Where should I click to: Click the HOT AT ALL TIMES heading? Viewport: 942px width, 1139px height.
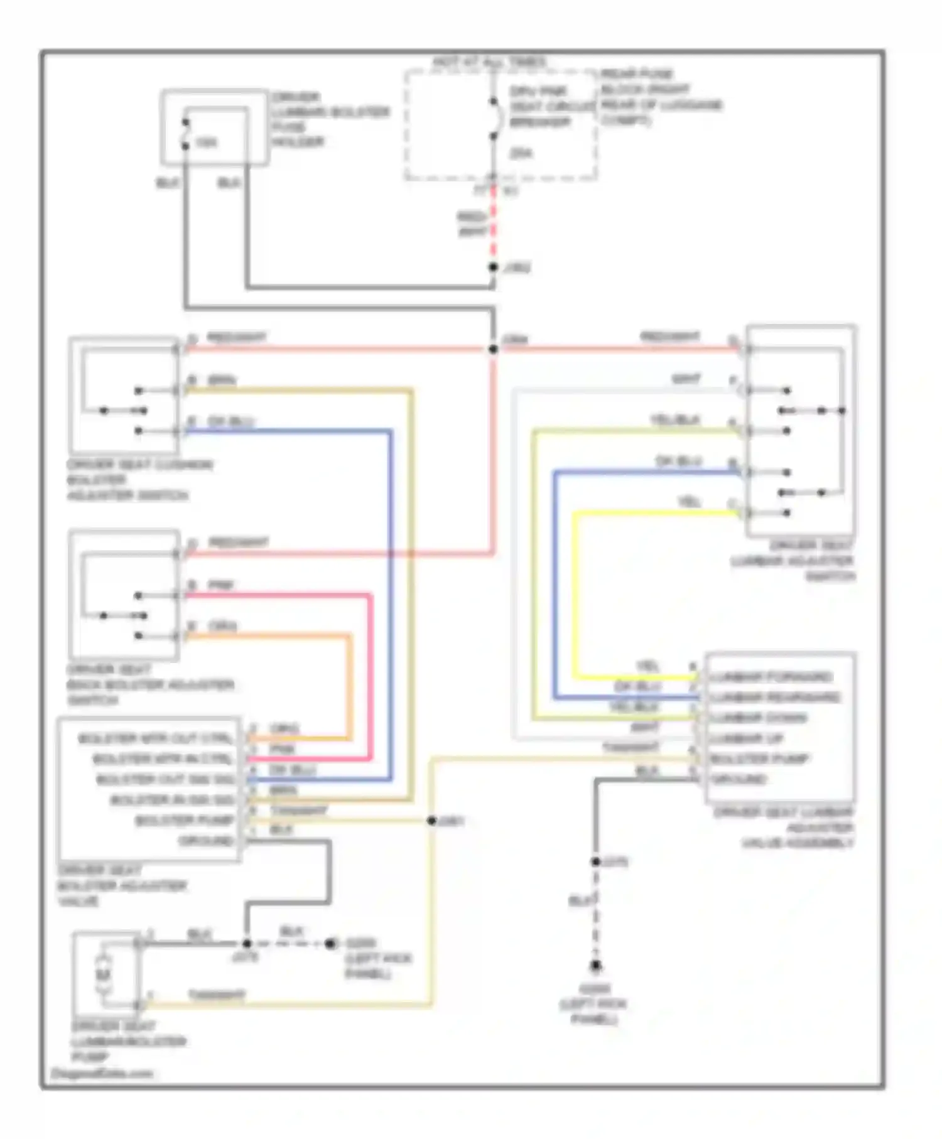click(489, 62)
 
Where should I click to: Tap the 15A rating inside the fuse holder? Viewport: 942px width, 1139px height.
click(207, 143)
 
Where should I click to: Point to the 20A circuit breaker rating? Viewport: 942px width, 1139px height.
click(521, 153)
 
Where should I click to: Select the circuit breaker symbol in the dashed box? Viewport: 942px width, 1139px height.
click(495, 119)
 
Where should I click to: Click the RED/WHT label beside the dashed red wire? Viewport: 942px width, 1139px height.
click(472, 224)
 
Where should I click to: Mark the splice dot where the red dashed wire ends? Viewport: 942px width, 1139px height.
click(494, 267)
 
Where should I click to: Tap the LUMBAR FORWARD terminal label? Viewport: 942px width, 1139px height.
click(771, 677)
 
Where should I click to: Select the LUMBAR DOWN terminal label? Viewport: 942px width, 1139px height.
click(759, 718)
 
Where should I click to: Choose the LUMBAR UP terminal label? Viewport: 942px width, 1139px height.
click(747, 738)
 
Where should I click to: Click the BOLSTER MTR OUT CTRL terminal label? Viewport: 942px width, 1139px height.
click(155, 738)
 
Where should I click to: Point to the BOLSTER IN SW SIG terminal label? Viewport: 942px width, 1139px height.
click(172, 800)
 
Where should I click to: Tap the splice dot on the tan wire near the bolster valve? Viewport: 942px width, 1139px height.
click(431, 821)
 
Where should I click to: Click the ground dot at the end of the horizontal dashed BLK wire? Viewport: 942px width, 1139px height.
click(330, 944)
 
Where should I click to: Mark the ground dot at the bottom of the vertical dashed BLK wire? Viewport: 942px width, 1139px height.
click(595, 966)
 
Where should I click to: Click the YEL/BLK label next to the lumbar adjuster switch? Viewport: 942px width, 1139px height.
click(675, 420)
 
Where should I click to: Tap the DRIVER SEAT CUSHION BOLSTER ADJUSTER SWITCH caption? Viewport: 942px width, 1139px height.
click(139, 480)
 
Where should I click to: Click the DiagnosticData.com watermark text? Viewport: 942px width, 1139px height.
click(102, 1073)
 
